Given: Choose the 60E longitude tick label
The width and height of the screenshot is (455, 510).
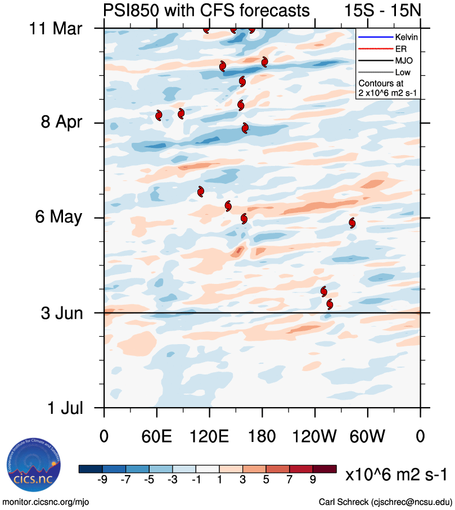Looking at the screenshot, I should click(x=157, y=436).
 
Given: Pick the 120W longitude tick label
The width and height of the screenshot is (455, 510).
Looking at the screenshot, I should click(x=314, y=436).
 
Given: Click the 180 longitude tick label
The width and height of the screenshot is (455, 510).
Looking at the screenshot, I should click(x=262, y=436).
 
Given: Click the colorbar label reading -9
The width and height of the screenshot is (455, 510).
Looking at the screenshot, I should click(x=102, y=480).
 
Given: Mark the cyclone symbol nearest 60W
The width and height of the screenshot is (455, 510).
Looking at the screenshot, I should click(x=352, y=223).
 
